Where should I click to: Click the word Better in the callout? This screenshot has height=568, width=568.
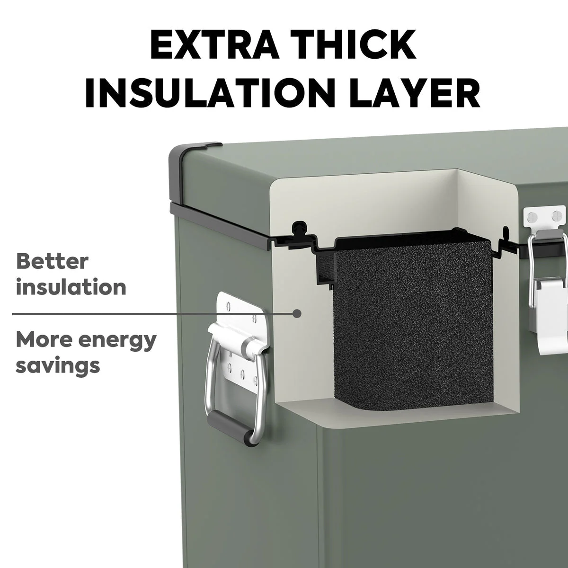point(52,261)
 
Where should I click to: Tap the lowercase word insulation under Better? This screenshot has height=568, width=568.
point(71,287)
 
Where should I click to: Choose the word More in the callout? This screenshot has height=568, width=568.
point(44,339)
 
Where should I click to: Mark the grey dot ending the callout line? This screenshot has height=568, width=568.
point(298,314)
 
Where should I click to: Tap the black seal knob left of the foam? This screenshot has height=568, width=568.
point(298,227)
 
